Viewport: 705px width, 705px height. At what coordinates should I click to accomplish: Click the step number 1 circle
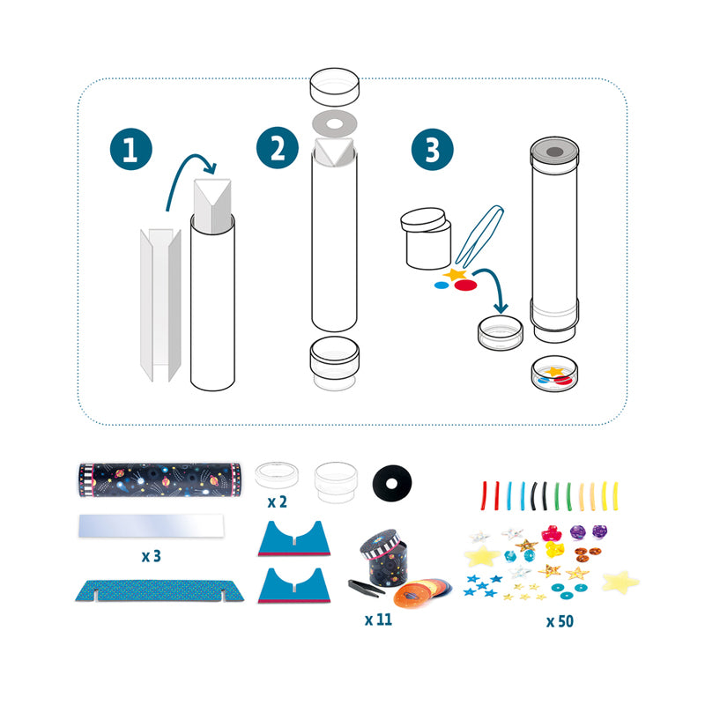point(130,149)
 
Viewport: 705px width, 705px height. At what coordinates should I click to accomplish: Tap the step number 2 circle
point(278,148)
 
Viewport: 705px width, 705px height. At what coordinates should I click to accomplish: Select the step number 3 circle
point(432,149)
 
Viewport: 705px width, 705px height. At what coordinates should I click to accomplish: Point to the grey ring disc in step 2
point(334,123)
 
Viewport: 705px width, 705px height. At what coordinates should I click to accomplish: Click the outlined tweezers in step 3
point(479,236)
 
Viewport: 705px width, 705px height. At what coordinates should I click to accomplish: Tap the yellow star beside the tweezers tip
point(455,273)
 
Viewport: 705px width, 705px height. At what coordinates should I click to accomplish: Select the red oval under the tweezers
point(465,285)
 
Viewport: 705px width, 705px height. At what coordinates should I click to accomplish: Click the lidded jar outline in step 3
point(426,238)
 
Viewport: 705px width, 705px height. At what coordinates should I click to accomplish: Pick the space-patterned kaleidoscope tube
point(160,479)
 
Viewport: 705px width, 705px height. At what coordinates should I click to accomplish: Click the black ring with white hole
point(392,483)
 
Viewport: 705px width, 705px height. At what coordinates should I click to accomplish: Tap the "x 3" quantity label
point(151,556)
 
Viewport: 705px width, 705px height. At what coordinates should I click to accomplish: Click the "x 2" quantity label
point(277,501)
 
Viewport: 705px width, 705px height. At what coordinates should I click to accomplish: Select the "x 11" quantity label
point(378,620)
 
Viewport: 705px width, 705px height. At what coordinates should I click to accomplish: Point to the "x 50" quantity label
point(560,621)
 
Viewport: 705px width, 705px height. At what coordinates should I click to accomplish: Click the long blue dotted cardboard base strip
point(160,590)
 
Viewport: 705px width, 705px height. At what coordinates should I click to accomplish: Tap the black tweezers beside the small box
point(366,586)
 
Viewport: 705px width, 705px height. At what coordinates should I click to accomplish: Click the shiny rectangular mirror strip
point(151,525)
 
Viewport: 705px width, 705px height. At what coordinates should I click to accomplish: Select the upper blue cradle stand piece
point(294,538)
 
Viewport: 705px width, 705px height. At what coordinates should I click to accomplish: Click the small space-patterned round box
point(383,558)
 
